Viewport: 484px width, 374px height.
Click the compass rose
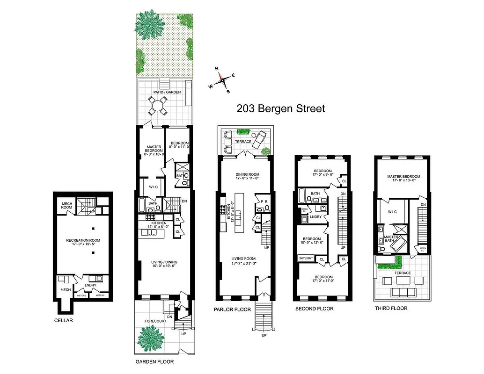click(x=222, y=80)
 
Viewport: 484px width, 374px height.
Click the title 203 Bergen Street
click(x=280, y=109)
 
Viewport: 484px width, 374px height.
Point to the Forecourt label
click(x=149, y=321)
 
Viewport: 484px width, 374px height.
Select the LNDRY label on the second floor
click(x=315, y=216)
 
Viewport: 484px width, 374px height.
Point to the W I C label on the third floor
click(x=392, y=212)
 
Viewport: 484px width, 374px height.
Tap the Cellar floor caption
click(x=63, y=321)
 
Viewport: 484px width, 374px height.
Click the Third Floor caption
click(x=391, y=309)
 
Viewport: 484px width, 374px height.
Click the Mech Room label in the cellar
click(x=66, y=205)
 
